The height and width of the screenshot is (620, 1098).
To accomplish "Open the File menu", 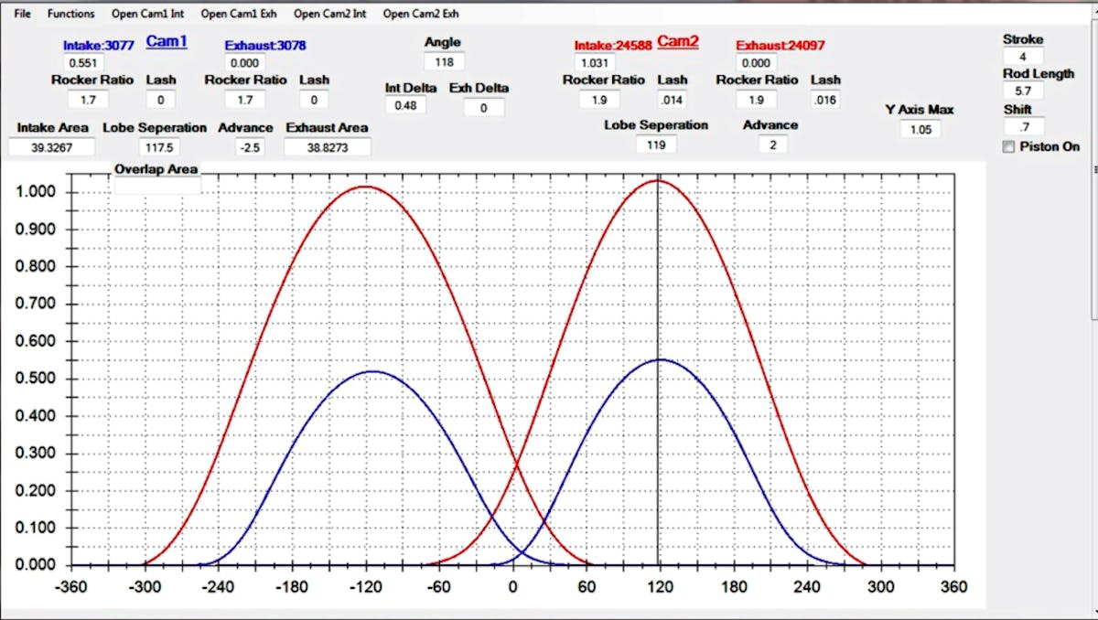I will tap(22, 14).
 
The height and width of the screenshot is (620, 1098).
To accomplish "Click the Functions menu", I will tap(71, 14).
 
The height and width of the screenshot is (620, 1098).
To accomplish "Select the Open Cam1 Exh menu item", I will tap(239, 14).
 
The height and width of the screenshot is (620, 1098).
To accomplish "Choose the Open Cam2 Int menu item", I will tap(330, 14).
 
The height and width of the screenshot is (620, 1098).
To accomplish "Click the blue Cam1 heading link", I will tap(167, 42).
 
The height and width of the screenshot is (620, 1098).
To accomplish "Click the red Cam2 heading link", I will tap(678, 42).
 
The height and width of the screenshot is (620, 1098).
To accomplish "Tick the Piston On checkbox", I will tap(1008, 147).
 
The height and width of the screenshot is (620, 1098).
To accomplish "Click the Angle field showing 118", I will tap(444, 62).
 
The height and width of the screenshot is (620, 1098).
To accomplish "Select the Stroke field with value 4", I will tap(1022, 57).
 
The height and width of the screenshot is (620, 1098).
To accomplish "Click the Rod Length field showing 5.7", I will tap(1022, 91).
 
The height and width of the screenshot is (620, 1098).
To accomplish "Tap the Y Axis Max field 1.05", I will tap(920, 130).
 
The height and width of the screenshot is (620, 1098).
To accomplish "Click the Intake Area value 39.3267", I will tap(52, 146).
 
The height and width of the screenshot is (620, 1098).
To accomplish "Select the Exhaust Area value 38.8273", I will tap(327, 146).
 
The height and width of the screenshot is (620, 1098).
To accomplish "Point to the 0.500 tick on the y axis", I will tap(38, 379).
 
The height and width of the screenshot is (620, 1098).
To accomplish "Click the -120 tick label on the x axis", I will tap(366, 586).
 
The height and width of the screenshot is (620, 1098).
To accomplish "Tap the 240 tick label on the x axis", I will tap(807, 586).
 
